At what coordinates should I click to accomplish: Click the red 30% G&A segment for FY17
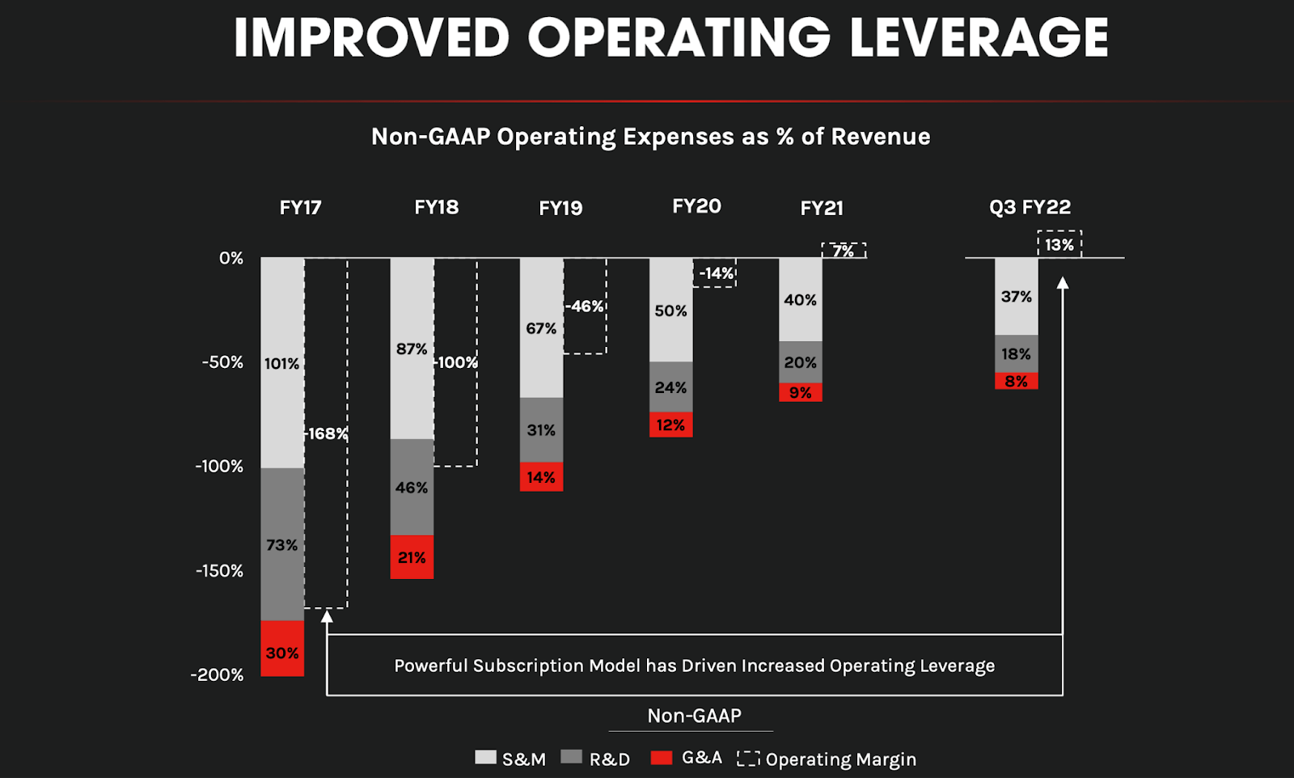tap(282, 648)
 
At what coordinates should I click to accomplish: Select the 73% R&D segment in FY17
tap(282, 544)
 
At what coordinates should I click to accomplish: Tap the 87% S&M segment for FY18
tap(412, 349)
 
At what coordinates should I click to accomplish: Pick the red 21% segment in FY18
tap(412, 556)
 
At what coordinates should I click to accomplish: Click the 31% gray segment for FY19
tap(541, 429)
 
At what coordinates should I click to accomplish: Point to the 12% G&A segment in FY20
tap(670, 425)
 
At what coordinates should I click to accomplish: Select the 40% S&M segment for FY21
tap(800, 299)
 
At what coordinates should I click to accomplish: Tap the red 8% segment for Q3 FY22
tap(1016, 381)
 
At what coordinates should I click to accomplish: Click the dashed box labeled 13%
tap(1059, 244)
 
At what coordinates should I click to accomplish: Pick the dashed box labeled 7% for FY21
tap(844, 251)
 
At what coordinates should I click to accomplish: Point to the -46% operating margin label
tap(585, 307)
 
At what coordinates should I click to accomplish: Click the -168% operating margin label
tap(326, 433)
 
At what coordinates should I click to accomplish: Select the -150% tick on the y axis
tap(219, 571)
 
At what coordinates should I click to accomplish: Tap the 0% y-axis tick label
tap(230, 258)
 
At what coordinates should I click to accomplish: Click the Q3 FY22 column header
tap(1030, 207)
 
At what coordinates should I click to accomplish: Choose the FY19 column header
tap(560, 208)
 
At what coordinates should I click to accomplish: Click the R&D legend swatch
tap(572, 757)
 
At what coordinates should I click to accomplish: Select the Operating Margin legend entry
tap(827, 759)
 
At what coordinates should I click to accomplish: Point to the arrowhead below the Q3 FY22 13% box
tap(1063, 282)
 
